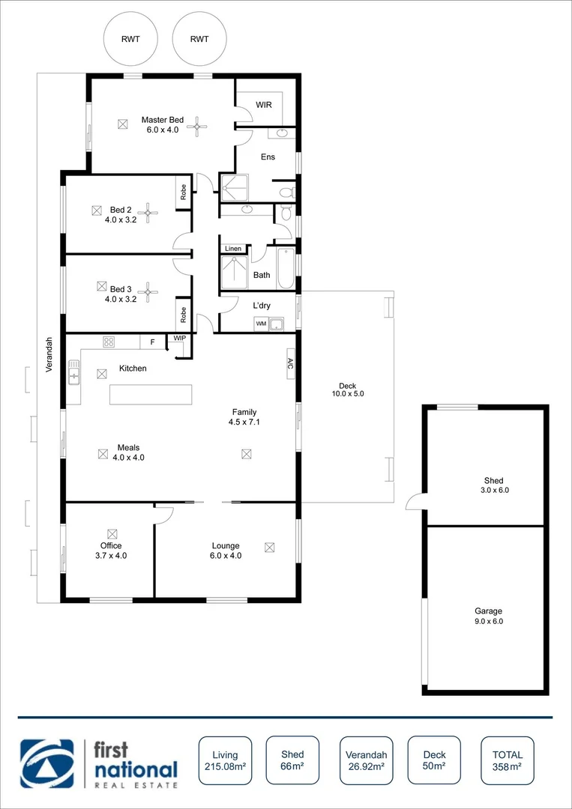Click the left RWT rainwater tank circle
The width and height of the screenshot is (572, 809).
click(131, 39)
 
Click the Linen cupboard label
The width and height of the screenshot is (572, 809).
click(233, 249)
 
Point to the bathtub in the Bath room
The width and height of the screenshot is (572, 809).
click(286, 268)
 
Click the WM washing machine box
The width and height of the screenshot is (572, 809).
click(261, 324)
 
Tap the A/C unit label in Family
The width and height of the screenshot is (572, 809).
click(290, 363)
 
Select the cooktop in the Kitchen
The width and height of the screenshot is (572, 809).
click(108, 342)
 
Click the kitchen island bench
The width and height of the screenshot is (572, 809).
click(150, 394)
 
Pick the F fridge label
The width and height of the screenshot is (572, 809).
click(153, 342)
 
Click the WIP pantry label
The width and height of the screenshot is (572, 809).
click(179, 339)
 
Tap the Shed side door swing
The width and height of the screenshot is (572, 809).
click(415, 501)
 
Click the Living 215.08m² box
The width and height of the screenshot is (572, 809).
click(225, 761)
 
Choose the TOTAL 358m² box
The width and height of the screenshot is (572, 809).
click(508, 761)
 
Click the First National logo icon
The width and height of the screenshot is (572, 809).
click(48, 764)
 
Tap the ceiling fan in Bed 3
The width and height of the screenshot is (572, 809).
click(148, 292)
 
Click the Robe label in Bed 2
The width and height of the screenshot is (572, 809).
click(183, 193)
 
